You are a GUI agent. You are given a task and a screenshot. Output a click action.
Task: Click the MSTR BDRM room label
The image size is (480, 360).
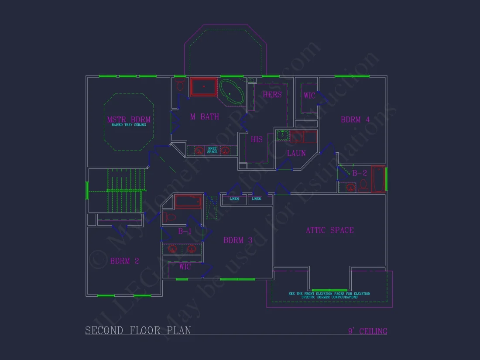129,120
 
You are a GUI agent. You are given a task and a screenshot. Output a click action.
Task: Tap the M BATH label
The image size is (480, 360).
204,117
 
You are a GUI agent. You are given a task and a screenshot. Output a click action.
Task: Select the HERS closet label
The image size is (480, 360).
272,95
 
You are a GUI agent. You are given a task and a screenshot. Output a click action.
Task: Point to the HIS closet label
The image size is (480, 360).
257,140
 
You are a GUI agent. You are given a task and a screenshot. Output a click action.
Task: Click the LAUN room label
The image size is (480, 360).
296,153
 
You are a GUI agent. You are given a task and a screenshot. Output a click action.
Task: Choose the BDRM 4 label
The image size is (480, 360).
355,120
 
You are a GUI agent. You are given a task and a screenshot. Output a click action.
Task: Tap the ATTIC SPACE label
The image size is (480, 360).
329,230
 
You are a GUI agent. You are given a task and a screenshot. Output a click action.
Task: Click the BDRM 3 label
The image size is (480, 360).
238,240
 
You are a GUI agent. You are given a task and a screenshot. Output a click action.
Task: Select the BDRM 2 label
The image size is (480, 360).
124,261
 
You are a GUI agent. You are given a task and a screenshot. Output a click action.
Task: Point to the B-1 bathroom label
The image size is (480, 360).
184,232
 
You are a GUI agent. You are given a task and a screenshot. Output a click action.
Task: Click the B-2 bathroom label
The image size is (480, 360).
360,173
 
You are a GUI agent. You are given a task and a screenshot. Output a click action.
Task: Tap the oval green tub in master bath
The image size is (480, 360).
232,92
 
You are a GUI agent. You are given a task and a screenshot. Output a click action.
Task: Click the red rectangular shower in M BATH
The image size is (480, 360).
203,87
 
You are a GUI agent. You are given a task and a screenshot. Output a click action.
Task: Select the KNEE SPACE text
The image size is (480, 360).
212,150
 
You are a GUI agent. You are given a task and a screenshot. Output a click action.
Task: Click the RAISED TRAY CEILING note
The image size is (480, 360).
129,125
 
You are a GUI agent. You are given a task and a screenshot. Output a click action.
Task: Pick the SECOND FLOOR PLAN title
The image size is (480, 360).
138,330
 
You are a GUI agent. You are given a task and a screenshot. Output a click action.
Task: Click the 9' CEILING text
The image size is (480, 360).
367,331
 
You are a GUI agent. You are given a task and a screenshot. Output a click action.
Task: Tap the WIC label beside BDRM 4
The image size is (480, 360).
309,96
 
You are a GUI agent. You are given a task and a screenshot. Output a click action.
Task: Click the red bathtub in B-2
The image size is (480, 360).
378,179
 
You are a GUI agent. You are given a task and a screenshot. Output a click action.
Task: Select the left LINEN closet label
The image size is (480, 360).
234,199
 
